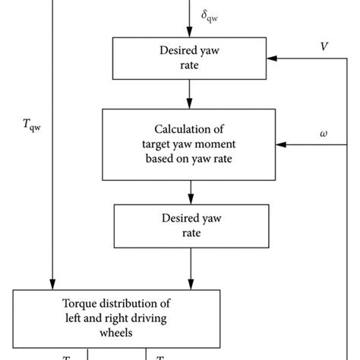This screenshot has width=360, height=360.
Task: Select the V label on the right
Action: [324, 47]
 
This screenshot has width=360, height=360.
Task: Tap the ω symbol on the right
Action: [324, 133]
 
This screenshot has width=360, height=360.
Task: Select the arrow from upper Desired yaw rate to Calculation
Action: [189, 95]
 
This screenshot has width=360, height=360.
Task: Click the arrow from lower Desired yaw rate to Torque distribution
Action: [189, 270]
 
